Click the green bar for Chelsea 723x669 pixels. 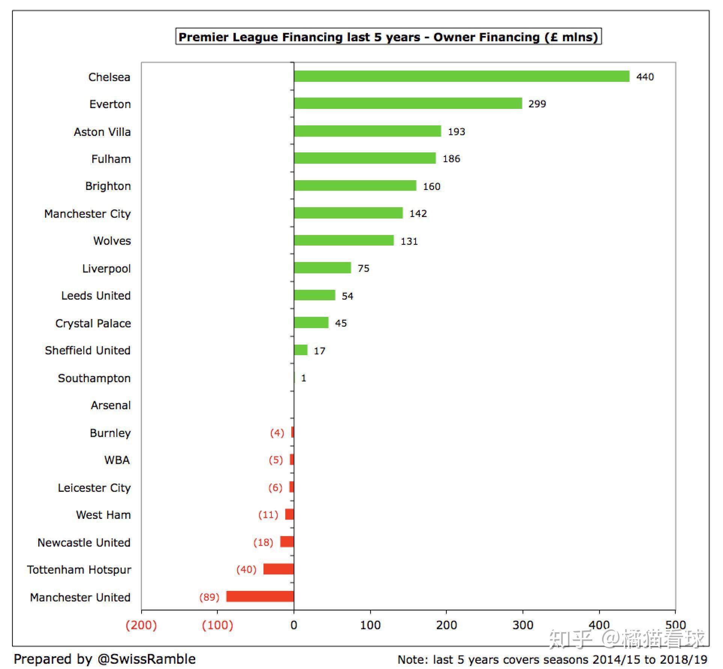pyautogui.click(x=461, y=76)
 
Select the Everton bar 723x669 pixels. pyautogui.click(x=408, y=103)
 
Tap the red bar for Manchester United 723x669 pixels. pyautogui.click(x=260, y=596)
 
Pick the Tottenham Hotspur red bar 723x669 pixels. pyautogui.click(x=278, y=569)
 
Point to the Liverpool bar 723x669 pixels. pyautogui.click(x=322, y=268)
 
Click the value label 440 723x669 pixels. pyautogui.click(x=645, y=77)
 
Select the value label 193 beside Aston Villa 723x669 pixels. pyautogui.click(x=456, y=132)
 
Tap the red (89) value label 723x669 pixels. pyautogui.click(x=209, y=597)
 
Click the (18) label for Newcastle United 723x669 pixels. pyautogui.click(x=263, y=542)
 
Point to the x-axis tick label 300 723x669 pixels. pyautogui.click(x=523, y=625)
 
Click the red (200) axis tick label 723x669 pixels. pyautogui.click(x=141, y=625)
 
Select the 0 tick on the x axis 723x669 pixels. pyautogui.click(x=294, y=625)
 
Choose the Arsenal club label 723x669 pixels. pyautogui.click(x=111, y=405)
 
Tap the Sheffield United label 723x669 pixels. pyautogui.click(x=87, y=350)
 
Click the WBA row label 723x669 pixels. pyautogui.click(x=117, y=460)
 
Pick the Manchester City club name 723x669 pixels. pyautogui.click(x=87, y=214)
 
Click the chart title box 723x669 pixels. pyautogui.click(x=388, y=37)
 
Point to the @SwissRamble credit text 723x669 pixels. pyautogui.click(x=105, y=659)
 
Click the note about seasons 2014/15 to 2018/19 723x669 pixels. pyautogui.click(x=552, y=660)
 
